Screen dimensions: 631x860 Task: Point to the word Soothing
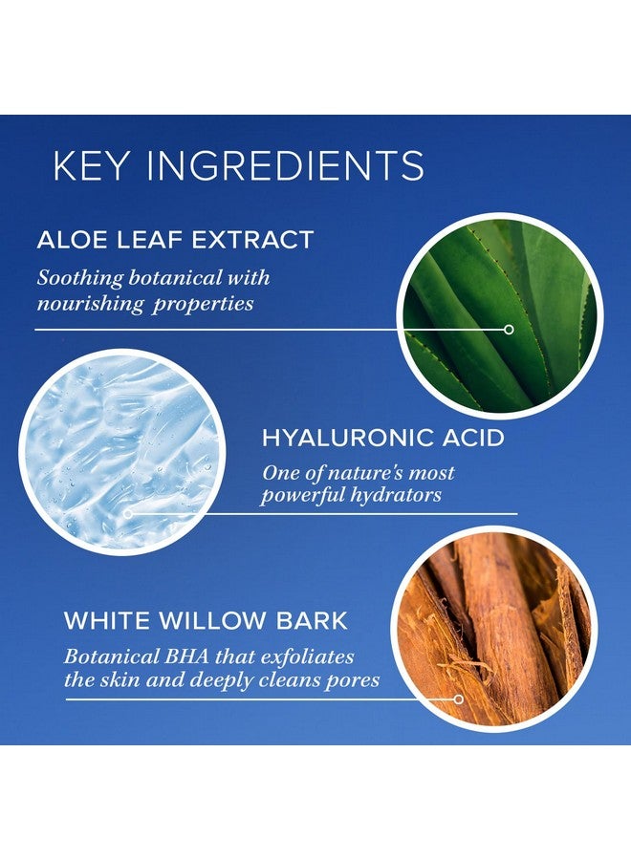pyautogui.click(x=80, y=279)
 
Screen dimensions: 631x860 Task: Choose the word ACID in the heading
pyautogui.click(x=473, y=438)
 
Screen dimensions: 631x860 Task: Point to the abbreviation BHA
pyautogui.click(x=184, y=656)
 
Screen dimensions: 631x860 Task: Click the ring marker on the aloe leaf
pyautogui.click(x=509, y=329)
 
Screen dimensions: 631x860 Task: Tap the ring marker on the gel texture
pyautogui.click(x=128, y=514)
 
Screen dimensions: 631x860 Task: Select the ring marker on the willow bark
pyautogui.click(x=458, y=699)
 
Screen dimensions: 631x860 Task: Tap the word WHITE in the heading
pyautogui.click(x=107, y=621)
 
